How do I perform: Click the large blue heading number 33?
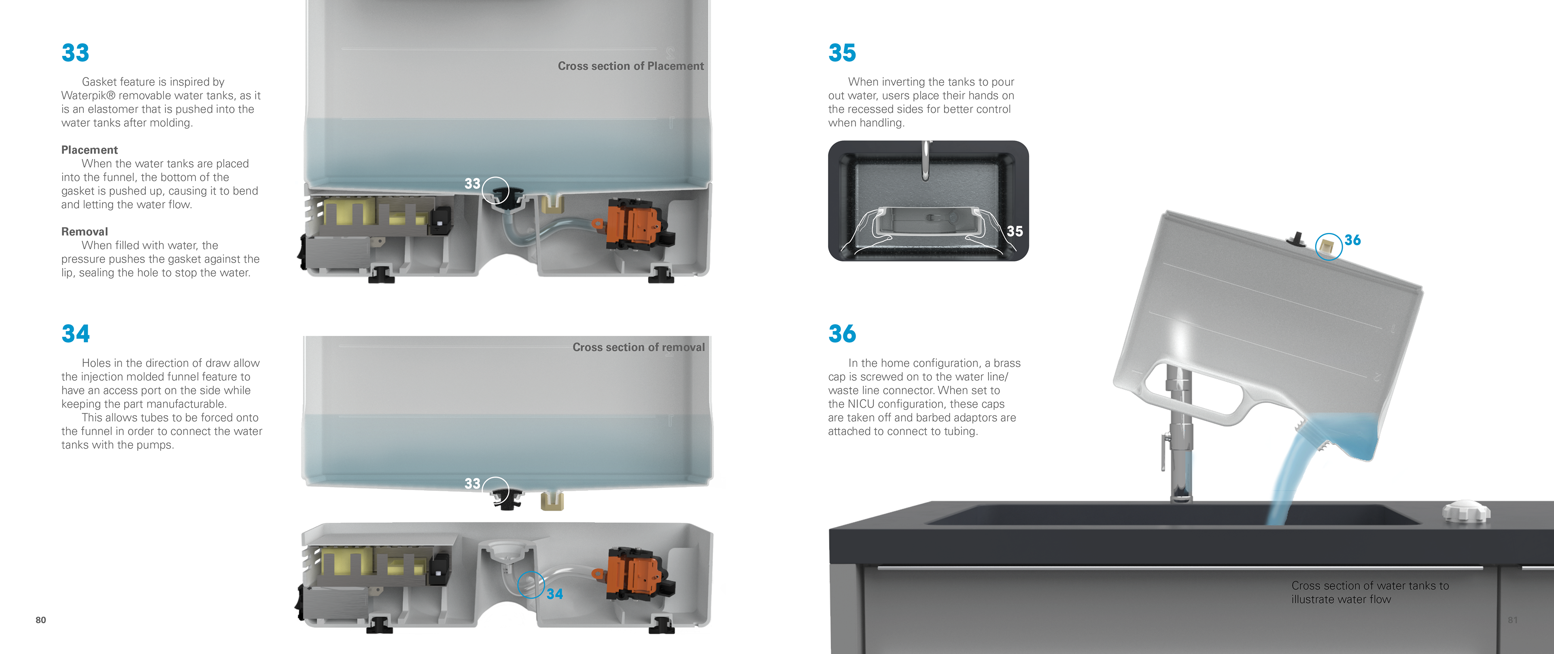pyautogui.click(x=75, y=53)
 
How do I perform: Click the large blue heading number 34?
pyautogui.click(x=75, y=333)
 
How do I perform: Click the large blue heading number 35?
pyautogui.click(x=842, y=53)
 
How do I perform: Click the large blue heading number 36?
pyautogui.click(x=842, y=333)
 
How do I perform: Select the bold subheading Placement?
pyautogui.click(x=89, y=150)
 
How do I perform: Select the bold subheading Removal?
pyautogui.click(x=85, y=231)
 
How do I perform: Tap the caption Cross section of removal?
pyautogui.click(x=638, y=347)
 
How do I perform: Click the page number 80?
pyautogui.click(x=40, y=620)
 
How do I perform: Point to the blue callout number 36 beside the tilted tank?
pyautogui.click(x=1352, y=240)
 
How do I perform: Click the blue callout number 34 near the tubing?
pyautogui.click(x=555, y=594)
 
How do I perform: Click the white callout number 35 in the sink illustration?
pyautogui.click(x=1015, y=231)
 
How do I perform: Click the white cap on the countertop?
pyautogui.click(x=1466, y=512)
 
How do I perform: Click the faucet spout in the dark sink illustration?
pyautogui.click(x=926, y=160)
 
